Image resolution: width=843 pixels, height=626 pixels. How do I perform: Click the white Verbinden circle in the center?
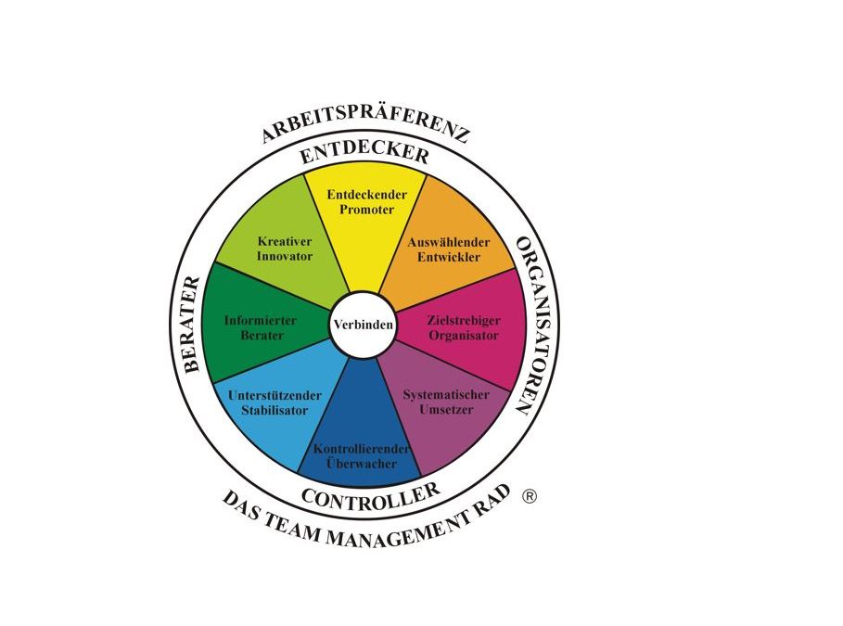[x=363, y=326]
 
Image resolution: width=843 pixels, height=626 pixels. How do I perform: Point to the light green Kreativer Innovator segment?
[x=283, y=246]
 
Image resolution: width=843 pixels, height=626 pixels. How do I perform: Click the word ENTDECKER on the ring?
[x=364, y=152]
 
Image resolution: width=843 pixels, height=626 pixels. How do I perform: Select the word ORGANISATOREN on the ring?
[x=530, y=326]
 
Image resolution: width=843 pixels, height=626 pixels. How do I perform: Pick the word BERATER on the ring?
[x=192, y=325]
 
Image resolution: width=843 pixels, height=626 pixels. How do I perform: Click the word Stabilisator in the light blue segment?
[x=275, y=410]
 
